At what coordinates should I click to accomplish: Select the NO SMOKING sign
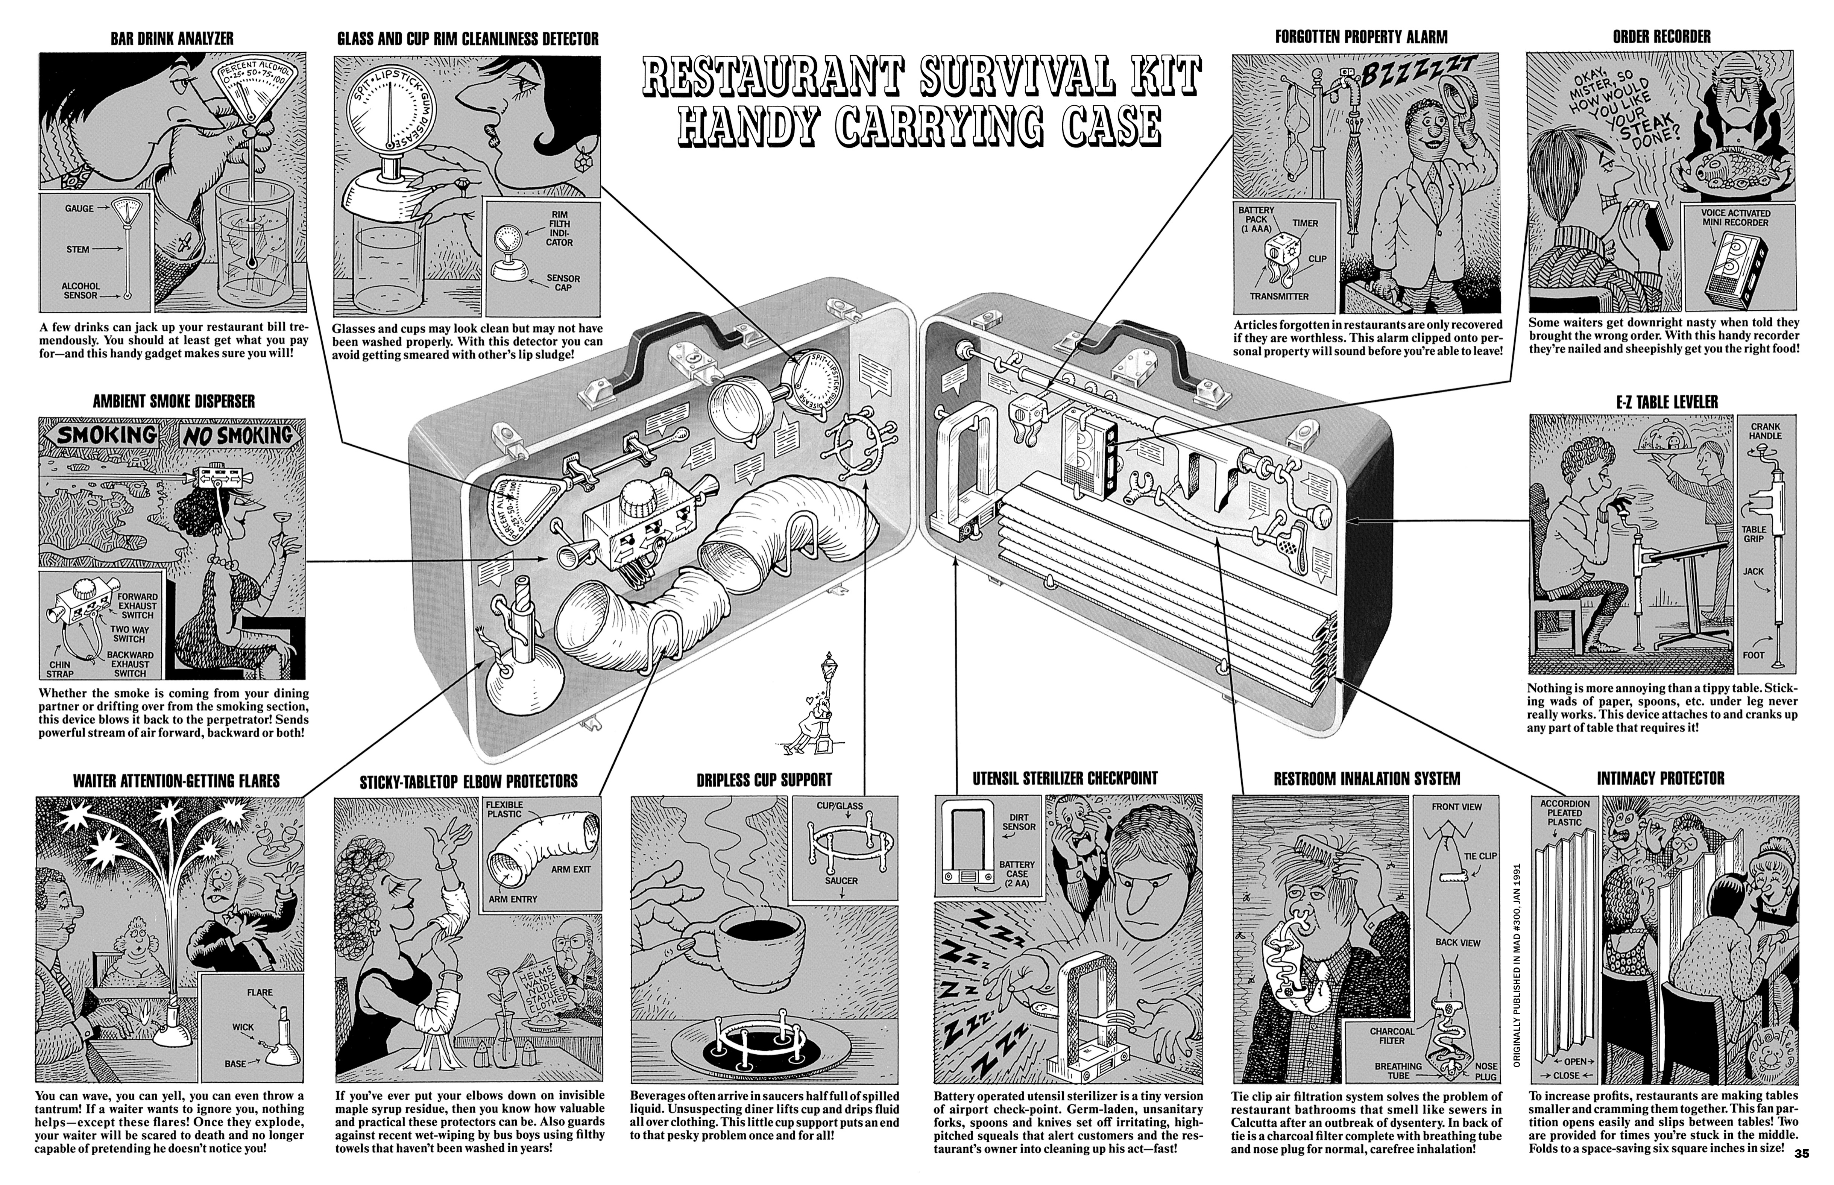237,436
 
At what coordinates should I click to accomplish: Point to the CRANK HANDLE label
1766,431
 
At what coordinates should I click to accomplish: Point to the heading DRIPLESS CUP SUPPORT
764,779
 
